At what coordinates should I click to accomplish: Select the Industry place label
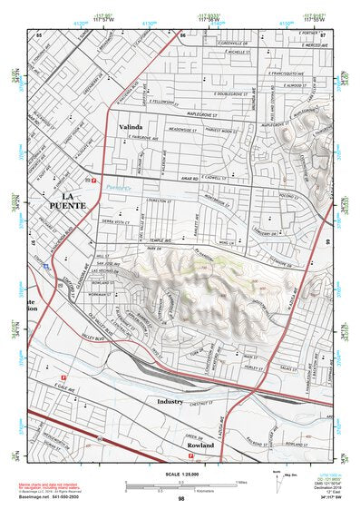170,400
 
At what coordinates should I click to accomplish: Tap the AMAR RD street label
189,179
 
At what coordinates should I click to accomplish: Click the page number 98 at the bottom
181,498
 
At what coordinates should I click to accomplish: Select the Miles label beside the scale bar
241,482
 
